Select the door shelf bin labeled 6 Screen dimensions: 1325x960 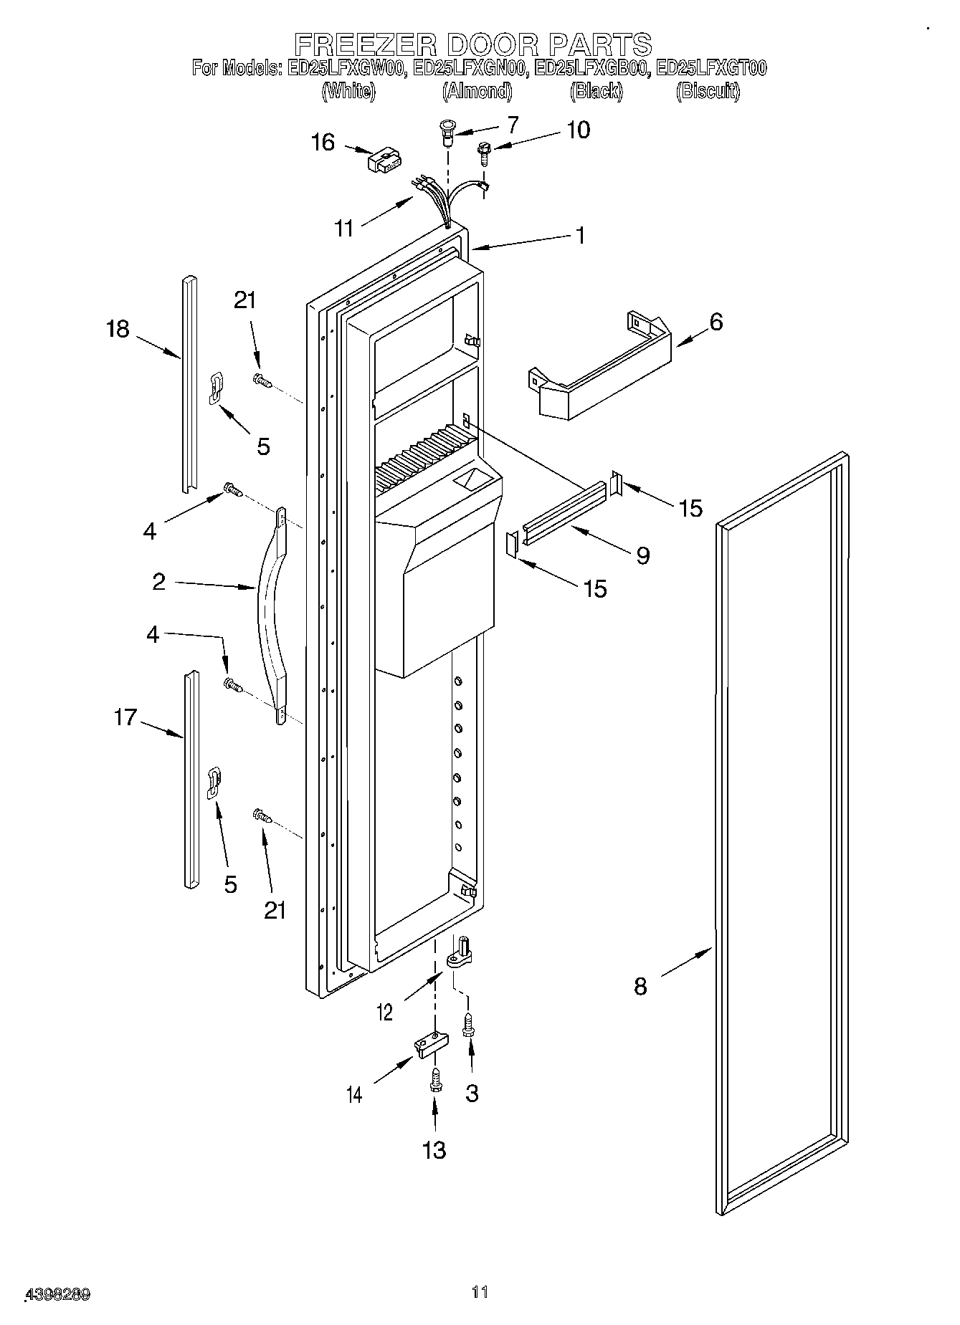tap(602, 373)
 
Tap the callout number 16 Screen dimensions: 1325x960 tap(323, 143)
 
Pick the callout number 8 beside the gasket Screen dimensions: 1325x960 tap(640, 987)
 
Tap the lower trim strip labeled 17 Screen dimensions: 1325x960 tap(190, 781)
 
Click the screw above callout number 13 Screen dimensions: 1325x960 tap(434, 1081)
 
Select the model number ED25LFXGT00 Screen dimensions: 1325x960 tap(711, 69)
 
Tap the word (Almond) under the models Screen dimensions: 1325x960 tap(477, 92)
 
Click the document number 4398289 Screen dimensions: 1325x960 tap(57, 1295)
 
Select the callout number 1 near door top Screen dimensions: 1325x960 tap(580, 236)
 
